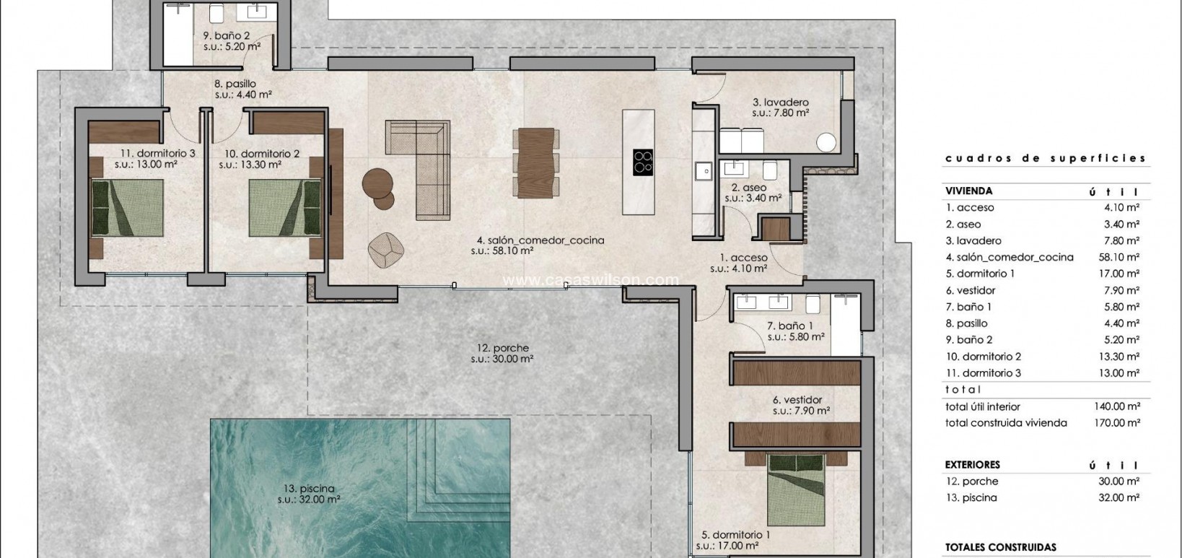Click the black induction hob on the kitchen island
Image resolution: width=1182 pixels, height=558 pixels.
point(642,162)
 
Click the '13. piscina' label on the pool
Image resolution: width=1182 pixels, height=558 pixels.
point(309,489)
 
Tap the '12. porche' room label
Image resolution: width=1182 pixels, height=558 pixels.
point(502,348)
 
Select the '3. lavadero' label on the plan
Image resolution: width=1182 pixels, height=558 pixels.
point(781,103)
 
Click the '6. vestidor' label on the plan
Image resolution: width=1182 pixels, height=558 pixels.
point(797,400)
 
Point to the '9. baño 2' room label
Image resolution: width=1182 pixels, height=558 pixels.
point(227,35)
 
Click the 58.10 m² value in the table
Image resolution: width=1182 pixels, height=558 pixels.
point(1116,257)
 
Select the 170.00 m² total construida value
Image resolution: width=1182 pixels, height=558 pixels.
point(1116,423)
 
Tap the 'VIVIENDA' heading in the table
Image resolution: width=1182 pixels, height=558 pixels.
point(968,191)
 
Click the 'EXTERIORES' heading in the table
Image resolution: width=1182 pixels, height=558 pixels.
point(972,465)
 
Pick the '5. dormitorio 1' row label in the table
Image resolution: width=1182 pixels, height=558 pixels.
point(980,274)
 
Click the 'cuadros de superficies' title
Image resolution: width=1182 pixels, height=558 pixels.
point(1045,158)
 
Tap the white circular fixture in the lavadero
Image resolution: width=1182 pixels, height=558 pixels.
point(826,142)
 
